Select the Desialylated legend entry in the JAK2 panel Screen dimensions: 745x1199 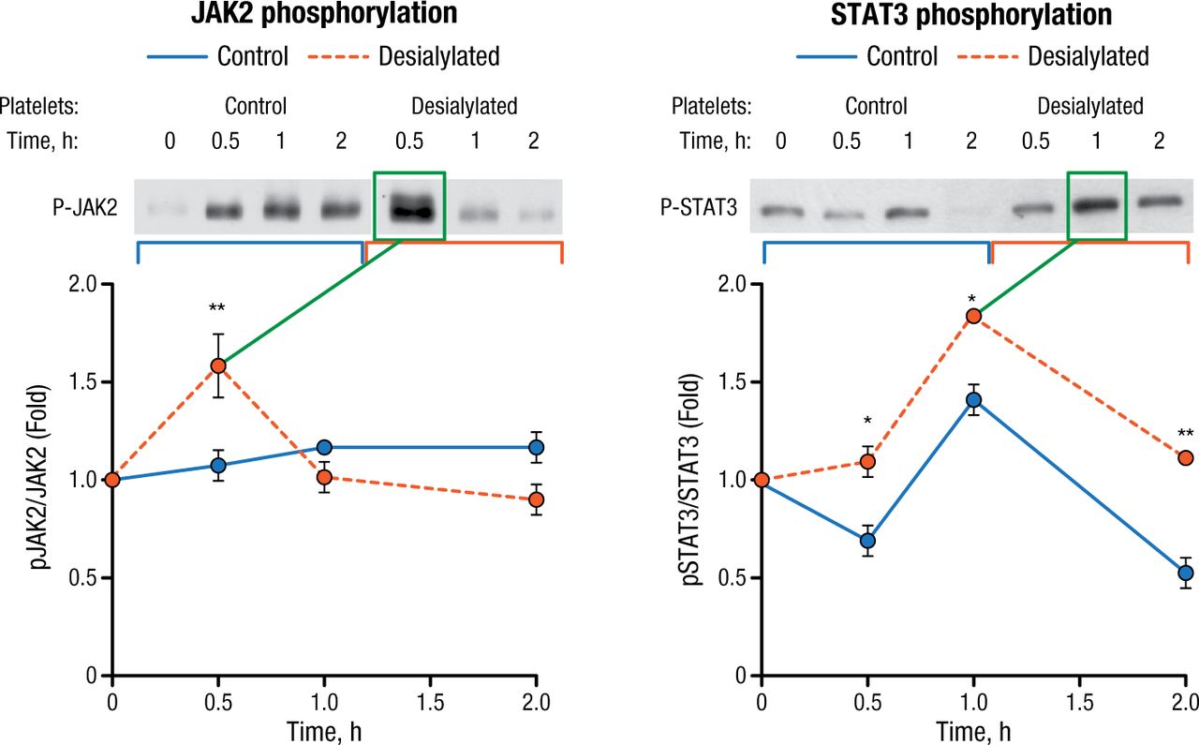point(438,56)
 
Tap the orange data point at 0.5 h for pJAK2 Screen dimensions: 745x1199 point(218,365)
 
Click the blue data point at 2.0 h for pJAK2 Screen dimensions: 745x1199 point(536,448)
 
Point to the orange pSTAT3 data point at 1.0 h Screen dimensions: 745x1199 point(973,316)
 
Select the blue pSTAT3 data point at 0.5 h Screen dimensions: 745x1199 point(867,541)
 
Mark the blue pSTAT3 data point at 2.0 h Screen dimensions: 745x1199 point(1185,573)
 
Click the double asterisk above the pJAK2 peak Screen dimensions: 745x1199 point(218,308)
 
